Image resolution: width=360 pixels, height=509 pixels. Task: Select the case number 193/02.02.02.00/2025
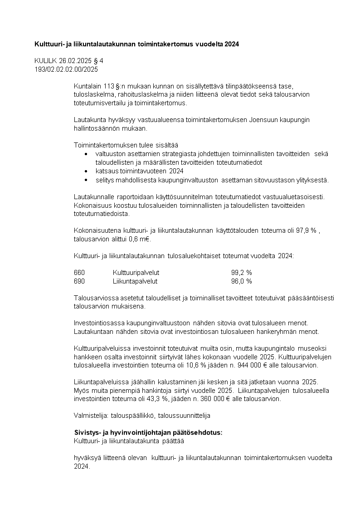66,69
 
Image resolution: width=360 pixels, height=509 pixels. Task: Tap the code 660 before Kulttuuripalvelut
79,273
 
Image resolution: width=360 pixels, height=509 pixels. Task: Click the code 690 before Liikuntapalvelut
79,281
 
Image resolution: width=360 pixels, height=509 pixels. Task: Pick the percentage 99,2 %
241,273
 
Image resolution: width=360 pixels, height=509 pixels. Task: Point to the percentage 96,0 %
241,281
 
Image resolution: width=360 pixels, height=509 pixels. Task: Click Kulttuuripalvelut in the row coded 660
136,273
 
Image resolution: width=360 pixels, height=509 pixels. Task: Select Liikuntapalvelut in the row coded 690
135,281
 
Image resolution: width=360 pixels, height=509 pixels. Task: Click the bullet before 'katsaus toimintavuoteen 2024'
86,171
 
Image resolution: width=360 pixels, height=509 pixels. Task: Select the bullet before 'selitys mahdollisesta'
86,180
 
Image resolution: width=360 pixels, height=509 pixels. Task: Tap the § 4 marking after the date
97,61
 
